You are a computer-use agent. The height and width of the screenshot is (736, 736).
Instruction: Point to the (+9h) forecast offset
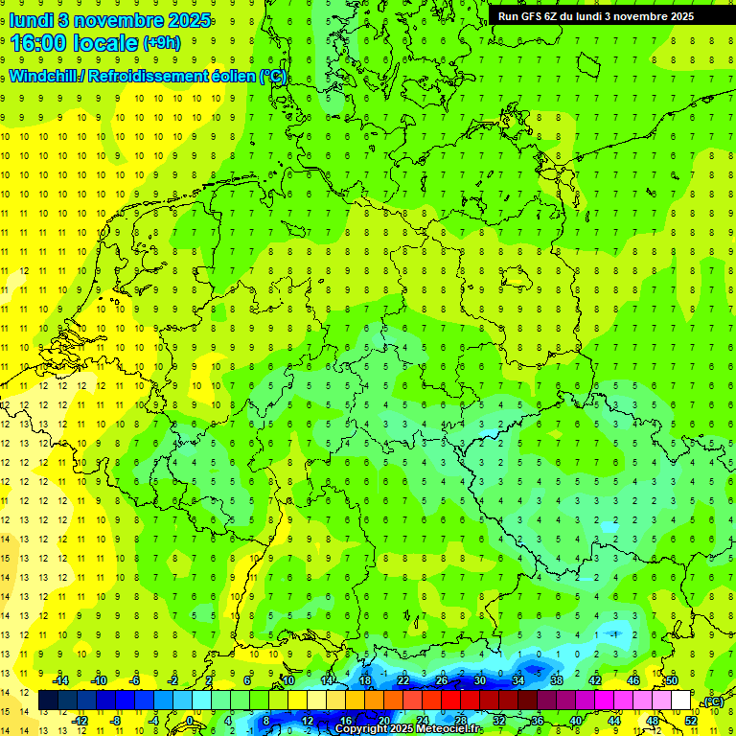161,43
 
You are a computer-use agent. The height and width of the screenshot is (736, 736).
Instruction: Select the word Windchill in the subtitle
43,77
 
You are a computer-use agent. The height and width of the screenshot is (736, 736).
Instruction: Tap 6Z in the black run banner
553,16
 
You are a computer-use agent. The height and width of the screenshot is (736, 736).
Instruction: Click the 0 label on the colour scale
189,721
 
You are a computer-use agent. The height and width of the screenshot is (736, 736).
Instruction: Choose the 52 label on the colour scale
690,721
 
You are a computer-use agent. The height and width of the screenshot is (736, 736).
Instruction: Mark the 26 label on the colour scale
442,680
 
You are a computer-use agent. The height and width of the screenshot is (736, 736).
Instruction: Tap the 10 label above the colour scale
287,680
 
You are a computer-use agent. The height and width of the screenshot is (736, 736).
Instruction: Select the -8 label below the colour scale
116,721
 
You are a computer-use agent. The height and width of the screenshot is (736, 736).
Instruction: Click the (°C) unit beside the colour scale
713,701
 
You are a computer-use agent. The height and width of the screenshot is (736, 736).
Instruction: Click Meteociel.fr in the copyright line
449,729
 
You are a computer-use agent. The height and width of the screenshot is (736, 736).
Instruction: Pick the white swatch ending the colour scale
680,701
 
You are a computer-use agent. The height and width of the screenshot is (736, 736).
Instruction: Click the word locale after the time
105,43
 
